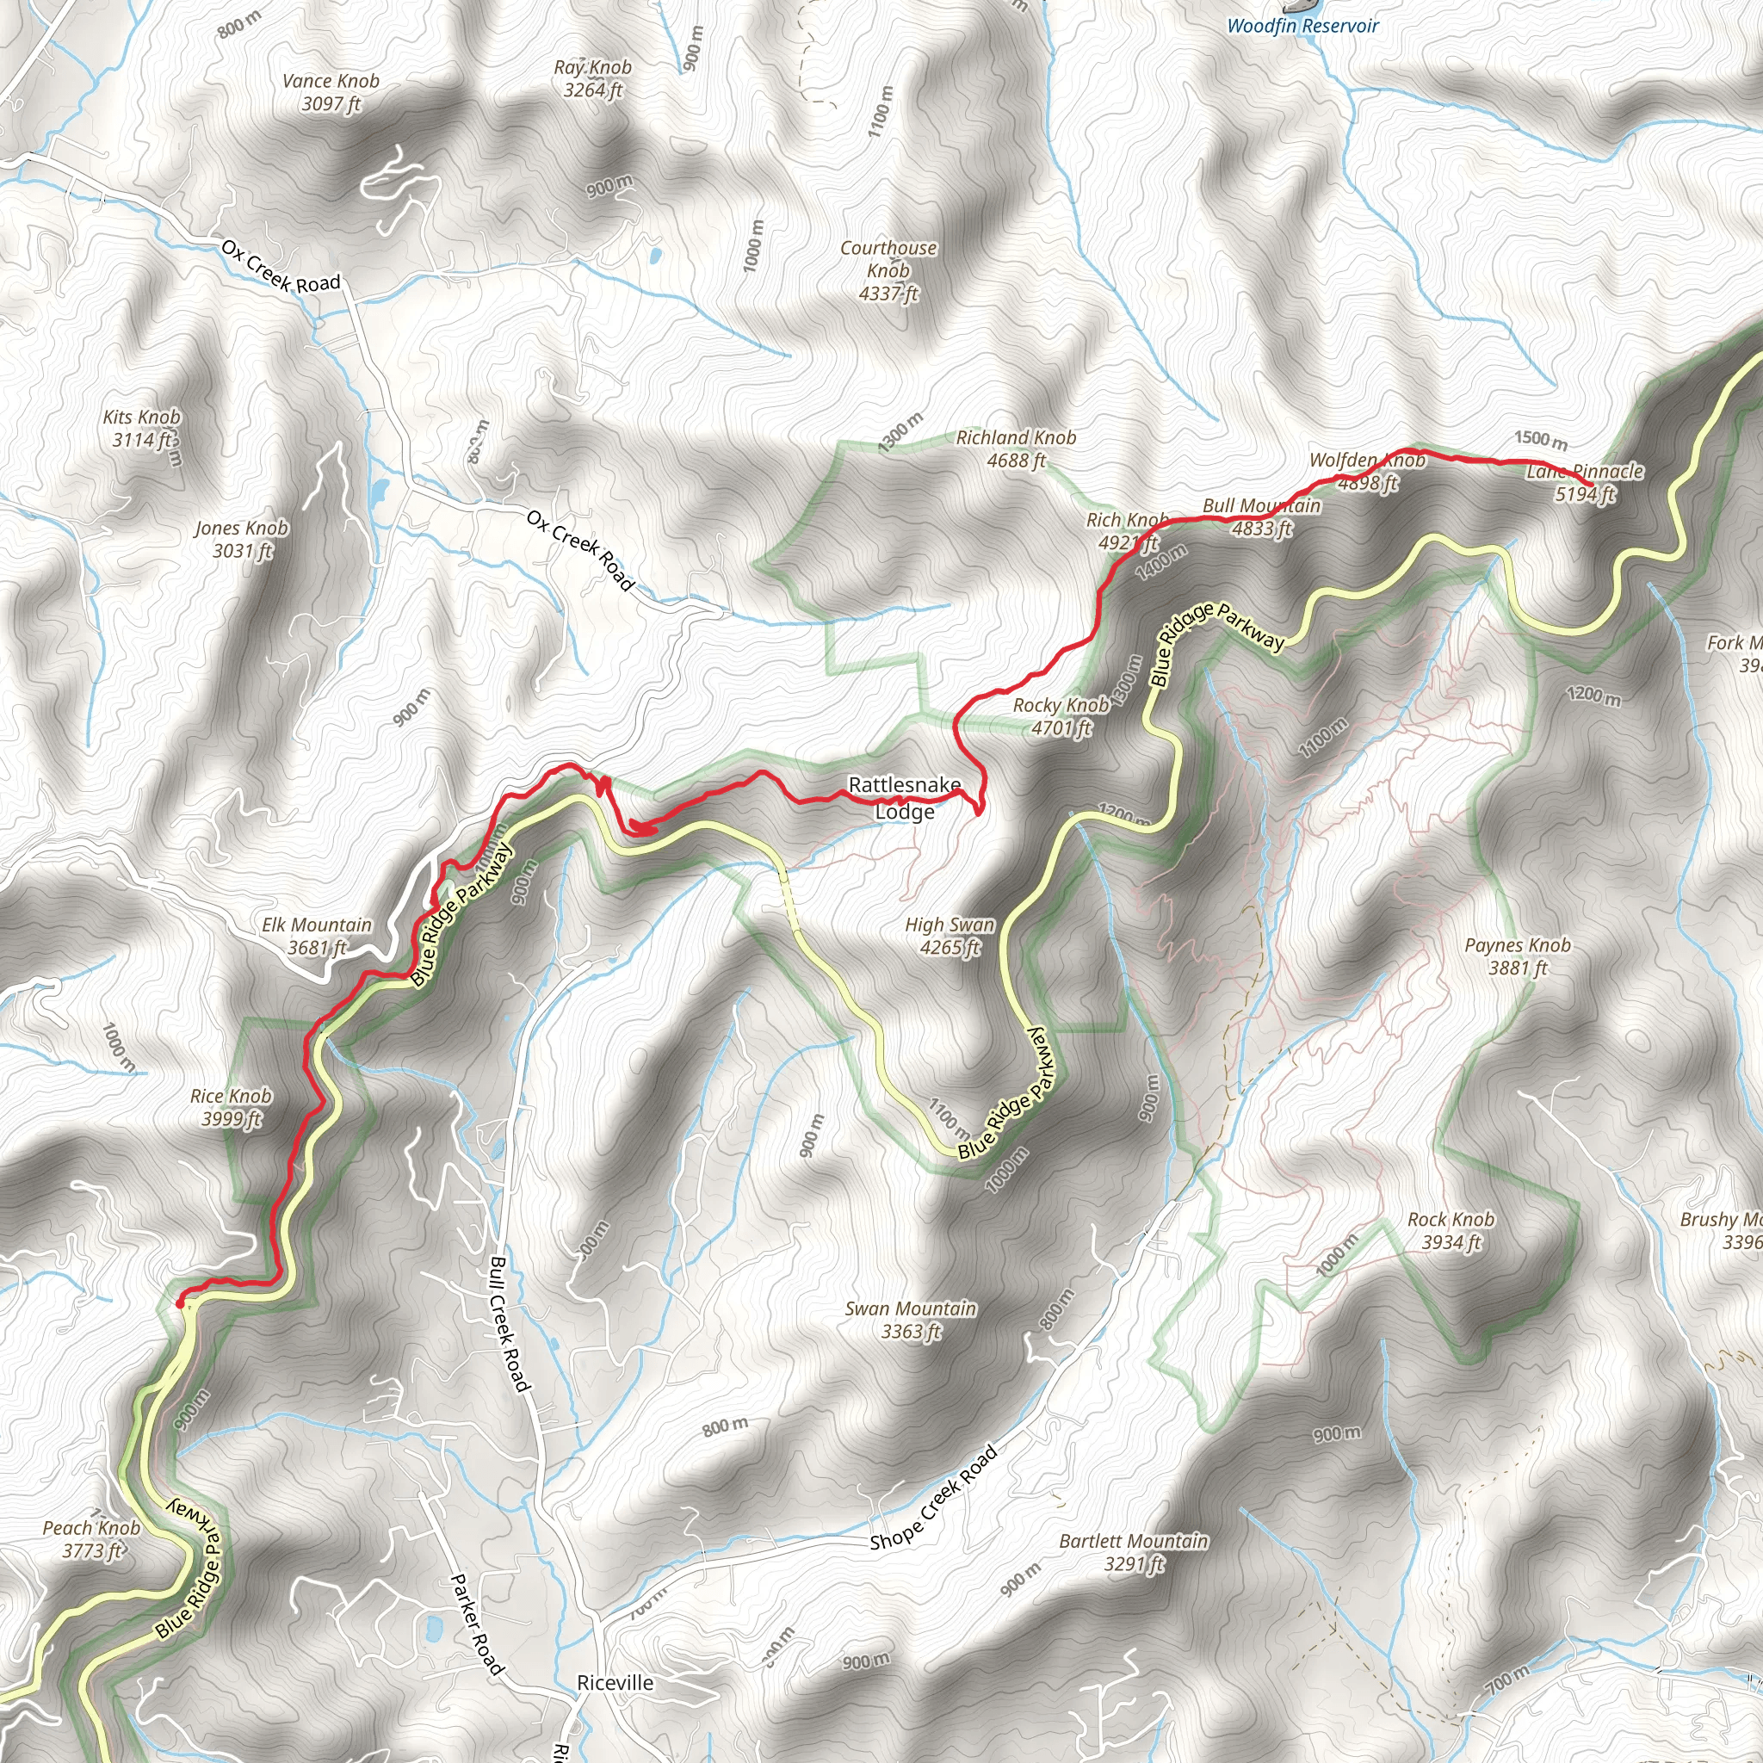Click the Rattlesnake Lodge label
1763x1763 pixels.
[905, 797]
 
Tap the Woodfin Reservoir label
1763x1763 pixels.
[1302, 26]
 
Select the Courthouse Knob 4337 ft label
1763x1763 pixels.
[888, 270]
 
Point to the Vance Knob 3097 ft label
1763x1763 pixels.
[331, 92]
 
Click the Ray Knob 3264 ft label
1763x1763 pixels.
[592, 78]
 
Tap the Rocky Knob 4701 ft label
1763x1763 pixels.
[1061, 716]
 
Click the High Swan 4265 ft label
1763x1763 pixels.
[949, 936]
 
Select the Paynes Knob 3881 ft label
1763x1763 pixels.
[1518, 956]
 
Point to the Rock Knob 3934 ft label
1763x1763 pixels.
[1451, 1230]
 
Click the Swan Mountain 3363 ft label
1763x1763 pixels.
[910, 1320]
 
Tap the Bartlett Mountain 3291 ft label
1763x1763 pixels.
[1134, 1552]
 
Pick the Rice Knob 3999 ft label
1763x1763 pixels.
[231, 1107]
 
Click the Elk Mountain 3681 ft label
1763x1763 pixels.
[317, 936]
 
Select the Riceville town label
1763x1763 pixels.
[615, 1683]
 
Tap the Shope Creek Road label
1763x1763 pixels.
[932, 1498]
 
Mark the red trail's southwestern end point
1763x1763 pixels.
[179, 1304]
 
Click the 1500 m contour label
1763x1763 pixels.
[1540, 440]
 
